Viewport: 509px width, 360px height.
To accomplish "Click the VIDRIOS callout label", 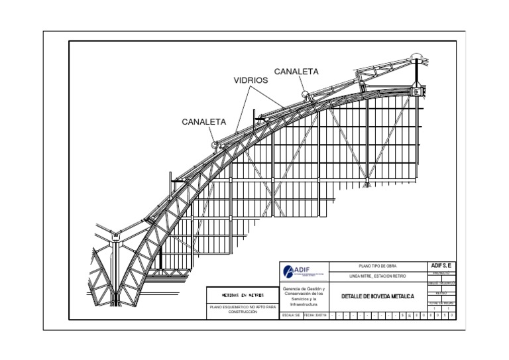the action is [251, 80].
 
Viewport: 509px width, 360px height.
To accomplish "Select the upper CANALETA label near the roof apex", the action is [296, 71].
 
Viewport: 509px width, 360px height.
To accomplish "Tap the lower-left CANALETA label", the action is [204, 122].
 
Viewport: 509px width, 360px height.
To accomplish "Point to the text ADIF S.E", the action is [441, 265].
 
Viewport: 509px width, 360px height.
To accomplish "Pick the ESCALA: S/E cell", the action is [291, 316].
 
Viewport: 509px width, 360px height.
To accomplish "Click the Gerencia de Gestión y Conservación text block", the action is [304, 296].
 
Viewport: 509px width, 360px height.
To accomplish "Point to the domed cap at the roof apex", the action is [416, 56].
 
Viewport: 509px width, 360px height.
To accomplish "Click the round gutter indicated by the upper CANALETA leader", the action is [307, 94].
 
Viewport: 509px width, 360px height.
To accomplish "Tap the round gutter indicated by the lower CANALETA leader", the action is [216, 143].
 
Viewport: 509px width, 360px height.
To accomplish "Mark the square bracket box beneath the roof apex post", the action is [416, 91].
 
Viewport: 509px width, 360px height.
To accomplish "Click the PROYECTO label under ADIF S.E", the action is [441, 272].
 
